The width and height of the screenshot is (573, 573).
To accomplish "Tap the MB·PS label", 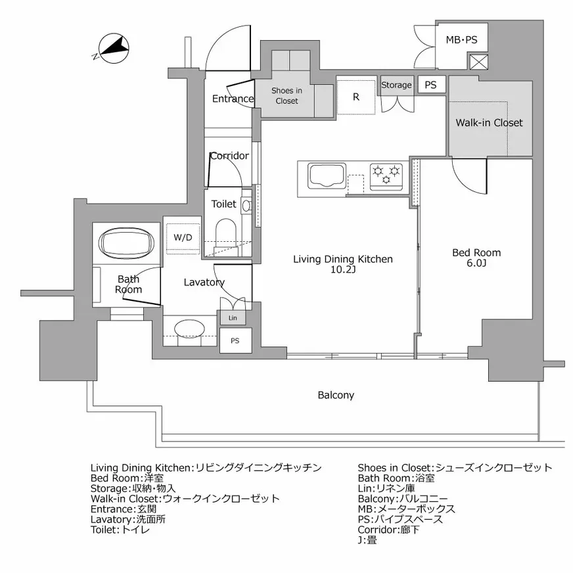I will coord(461,41).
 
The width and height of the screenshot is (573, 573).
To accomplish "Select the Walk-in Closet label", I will coord(489,123).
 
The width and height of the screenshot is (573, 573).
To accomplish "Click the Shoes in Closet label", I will coord(286,96).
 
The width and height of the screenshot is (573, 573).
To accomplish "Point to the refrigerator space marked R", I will coord(356,97).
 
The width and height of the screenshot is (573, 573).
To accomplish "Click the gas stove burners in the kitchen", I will coord(386,175).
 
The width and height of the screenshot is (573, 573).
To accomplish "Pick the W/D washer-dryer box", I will coord(183,237).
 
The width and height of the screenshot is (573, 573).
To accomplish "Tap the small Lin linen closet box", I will coord(233,318).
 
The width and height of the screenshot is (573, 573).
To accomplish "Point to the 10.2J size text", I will coord(342,270).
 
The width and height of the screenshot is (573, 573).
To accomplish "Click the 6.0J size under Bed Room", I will coord(476,264).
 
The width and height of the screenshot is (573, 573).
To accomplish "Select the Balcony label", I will coord(336,395).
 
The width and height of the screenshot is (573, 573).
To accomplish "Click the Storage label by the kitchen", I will coord(396,85).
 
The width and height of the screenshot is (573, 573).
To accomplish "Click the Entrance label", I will coord(233,99).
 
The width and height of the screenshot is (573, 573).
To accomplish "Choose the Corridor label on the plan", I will coord(229,156).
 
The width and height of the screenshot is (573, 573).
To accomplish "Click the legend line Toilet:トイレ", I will coord(120,529).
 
